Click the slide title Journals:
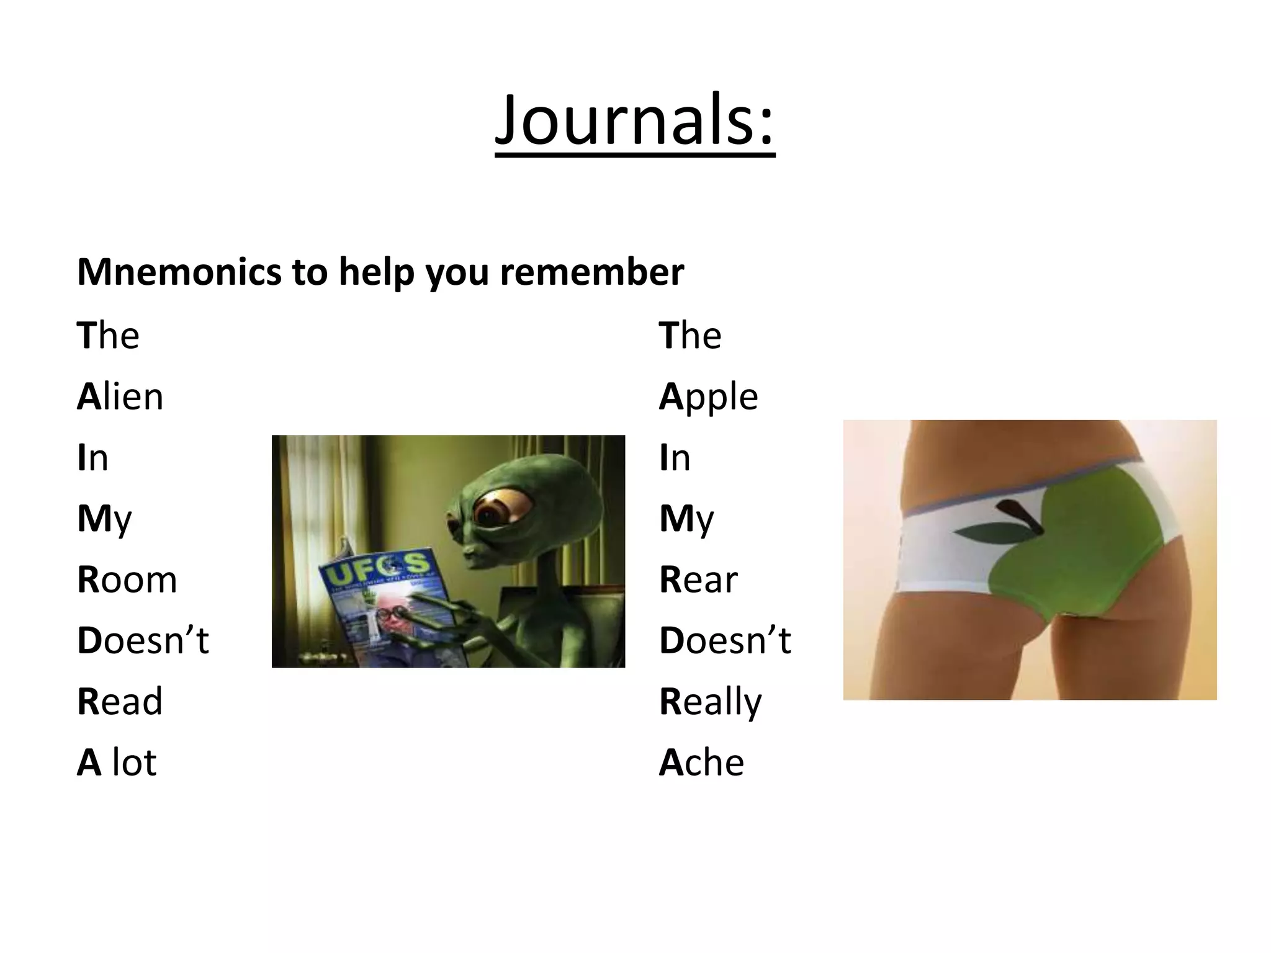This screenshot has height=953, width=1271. click(635, 120)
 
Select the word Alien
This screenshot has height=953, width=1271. click(120, 396)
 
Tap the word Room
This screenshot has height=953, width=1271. click(127, 579)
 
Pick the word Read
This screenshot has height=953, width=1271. click(120, 701)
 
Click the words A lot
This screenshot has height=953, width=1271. click(117, 762)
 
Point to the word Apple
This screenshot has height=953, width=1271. click(708, 397)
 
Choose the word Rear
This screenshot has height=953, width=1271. click(698, 579)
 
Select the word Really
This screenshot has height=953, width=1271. click(710, 702)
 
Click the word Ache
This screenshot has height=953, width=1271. click(701, 762)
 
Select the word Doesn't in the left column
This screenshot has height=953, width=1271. click(143, 640)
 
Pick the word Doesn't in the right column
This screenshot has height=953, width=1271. click(725, 640)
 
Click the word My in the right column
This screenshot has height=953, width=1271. click(686, 519)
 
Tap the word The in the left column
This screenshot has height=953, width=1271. click(108, 336)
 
